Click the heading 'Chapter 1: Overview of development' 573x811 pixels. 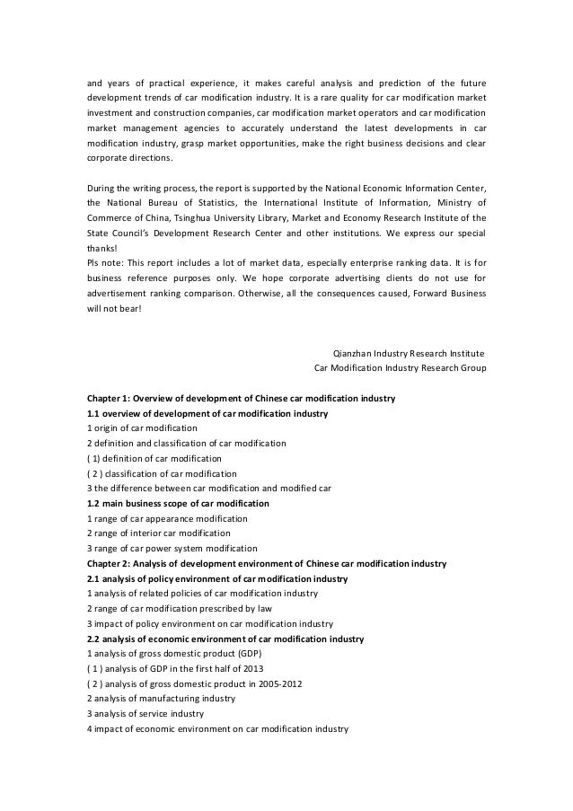coord(241,398)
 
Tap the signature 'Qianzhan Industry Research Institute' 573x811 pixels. coord(409,353)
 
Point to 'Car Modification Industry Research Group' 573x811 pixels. coord(399,368)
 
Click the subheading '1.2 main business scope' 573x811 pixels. coord(178,503)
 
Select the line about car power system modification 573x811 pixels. coord(172,549)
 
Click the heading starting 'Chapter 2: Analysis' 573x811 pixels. coord(266,563)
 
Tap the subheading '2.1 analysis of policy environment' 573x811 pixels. coord(216,579)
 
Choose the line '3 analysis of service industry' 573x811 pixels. coord(144,713)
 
